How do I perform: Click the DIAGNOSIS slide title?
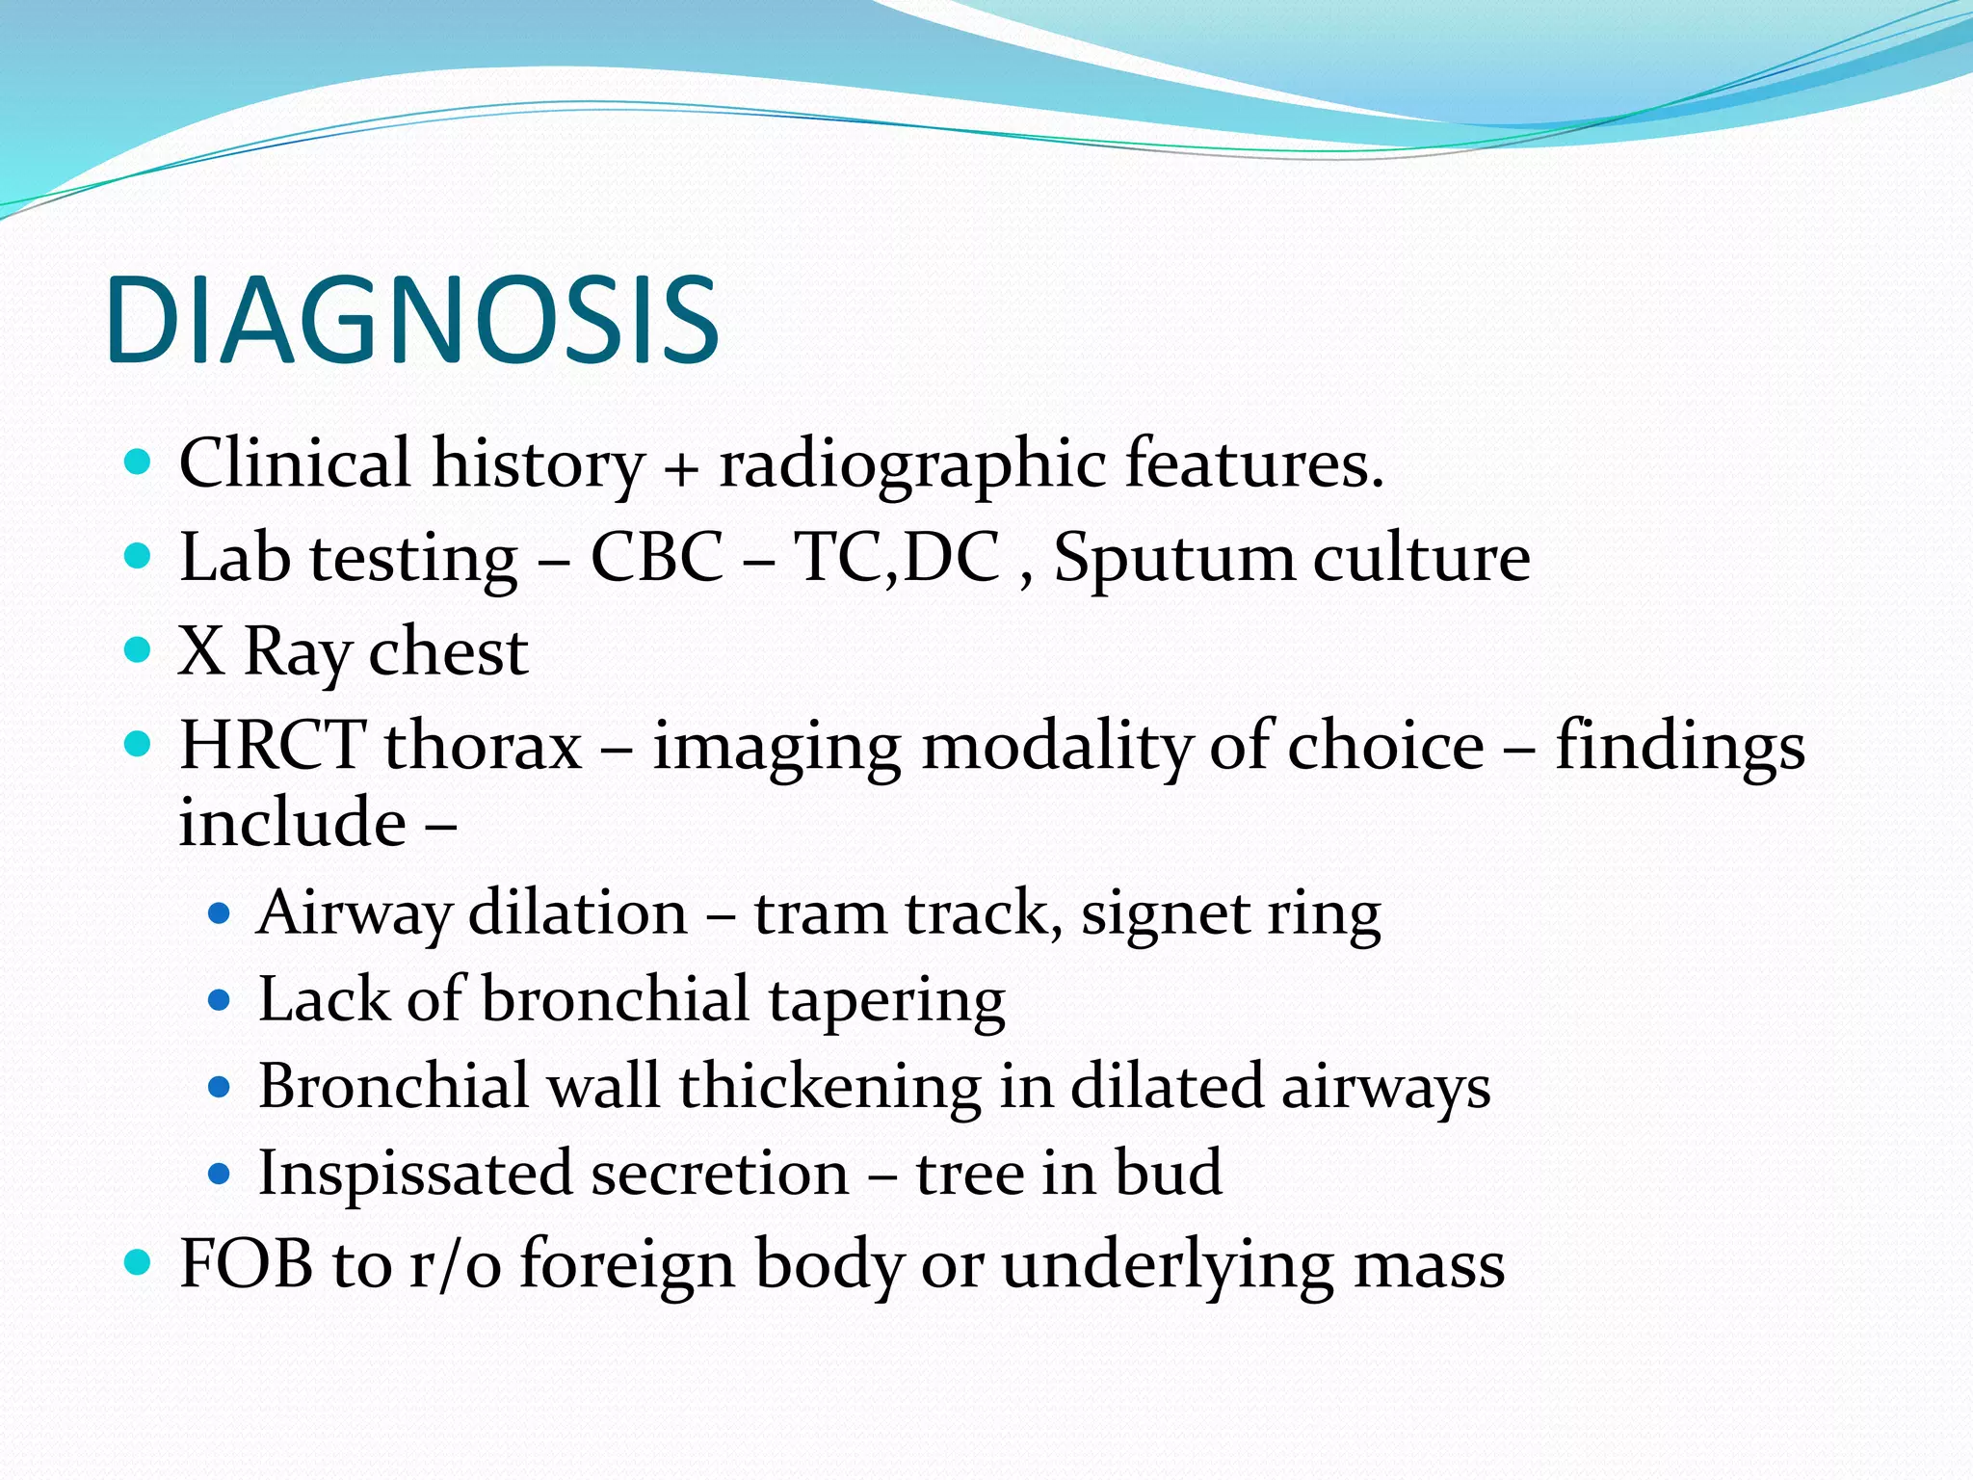pos(412,320)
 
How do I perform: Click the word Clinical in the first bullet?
pos(295,463)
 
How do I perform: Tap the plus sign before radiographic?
pos(680,469)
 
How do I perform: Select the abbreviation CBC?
pos(656,558)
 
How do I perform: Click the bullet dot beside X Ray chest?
pos(139,649)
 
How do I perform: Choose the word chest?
pos(448,652)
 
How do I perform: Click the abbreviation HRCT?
pos(273,746)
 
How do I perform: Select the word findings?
pos(1680,748)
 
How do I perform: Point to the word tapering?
pos(886,1001)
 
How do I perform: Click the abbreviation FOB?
pos(247,1264)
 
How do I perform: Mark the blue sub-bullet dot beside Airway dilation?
pos(220,912)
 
